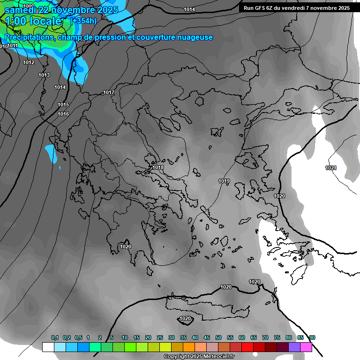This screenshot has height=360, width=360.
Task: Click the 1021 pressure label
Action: pyautogui.click(x=331, y=168)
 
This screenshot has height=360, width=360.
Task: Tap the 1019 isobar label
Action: pyautogui.click(x=224, y=181)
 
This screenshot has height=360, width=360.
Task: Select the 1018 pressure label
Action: pyautogui.click(x=158, y=167)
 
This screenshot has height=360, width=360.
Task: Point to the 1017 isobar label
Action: pyautogui.click(x=109, y=93)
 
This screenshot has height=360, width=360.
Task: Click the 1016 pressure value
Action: pyautogui.click(x=64, y=114)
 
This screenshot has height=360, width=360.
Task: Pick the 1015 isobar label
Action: pyautogui.click(x=63, y=105)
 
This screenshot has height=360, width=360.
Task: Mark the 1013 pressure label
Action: pyautogui.click(x=44, y=75)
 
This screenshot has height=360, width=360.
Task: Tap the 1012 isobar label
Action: pyautogui.click(x=29, y=62)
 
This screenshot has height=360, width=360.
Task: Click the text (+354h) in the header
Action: pyautogui.click(x=83, y=21)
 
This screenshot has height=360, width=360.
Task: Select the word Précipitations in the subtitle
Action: pyautogui.click(x=28, y=37)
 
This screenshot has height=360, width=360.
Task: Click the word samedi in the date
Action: pyautogui.click(x=20, y=10)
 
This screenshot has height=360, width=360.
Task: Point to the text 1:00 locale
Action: pyautogui.click(x=33, y=21)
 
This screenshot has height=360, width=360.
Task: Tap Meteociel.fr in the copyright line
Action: pyautogui.click(x=217, y=357)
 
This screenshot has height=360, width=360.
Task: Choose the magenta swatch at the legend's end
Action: pyautogui.click(x=306, y=347)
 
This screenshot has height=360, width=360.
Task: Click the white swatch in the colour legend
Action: pyautogui.click(x=48, y=347)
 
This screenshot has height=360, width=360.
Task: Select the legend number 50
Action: pyautogui.click(x=218, y=338)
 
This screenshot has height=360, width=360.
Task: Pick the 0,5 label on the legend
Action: pyautogui.click(x=78, y=338)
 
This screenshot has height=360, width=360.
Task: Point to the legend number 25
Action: pyautogui.click(x=160, y=338)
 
